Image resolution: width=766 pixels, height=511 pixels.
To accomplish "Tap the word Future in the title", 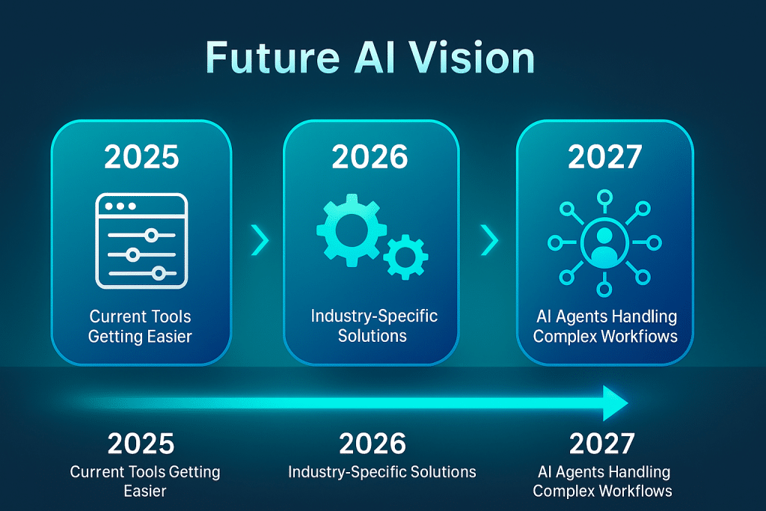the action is click(272, 58).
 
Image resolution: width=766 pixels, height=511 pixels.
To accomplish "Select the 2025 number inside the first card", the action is click(141, 157).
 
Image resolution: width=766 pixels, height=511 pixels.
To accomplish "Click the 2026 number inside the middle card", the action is click(370, 157).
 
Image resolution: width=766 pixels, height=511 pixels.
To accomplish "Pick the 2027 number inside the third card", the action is click(604, 157).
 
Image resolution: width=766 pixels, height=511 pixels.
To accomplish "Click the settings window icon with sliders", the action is click(141, 241).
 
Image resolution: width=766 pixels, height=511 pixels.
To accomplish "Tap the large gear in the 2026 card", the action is click(352, 230).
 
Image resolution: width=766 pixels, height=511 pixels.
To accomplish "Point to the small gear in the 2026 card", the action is click(405, 257).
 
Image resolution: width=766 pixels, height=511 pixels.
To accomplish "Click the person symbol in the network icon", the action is click(604, 244).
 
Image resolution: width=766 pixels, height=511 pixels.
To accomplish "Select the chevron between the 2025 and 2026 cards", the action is click(260, 240).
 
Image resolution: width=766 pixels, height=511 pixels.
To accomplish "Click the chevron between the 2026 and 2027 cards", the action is click(489, 240).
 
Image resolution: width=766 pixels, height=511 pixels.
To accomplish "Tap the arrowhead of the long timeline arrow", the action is click(616, 403).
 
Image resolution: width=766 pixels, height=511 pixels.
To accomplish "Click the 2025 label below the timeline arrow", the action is click(141, 444).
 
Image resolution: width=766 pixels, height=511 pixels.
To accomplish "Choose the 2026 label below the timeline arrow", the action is click(373, 444).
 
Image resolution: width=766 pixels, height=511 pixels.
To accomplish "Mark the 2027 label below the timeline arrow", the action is click(602, 444).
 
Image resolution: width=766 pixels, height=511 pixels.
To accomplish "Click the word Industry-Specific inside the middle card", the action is click(374, 316).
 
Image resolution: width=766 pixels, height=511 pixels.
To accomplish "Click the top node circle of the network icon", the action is click(604, 198).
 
